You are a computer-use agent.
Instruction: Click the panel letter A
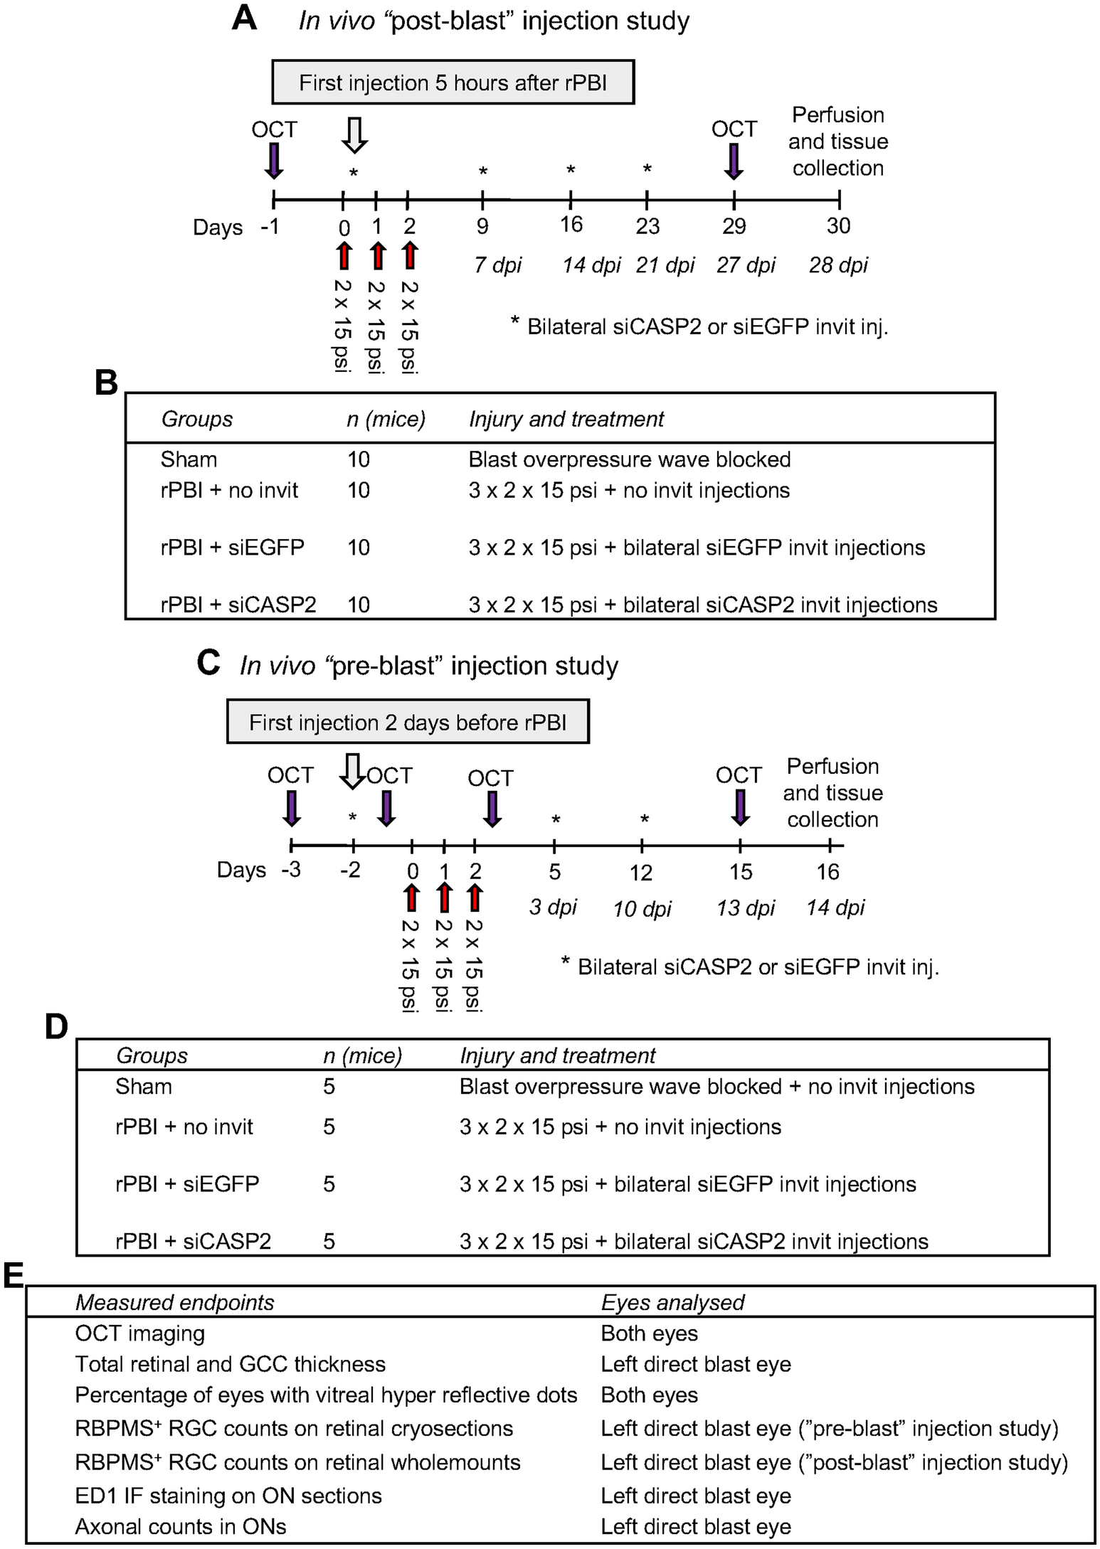click(x=244, y=18)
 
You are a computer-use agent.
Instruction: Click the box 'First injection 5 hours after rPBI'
click(x=453, y=82)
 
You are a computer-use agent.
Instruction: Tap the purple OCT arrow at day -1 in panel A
click(x=273, y=160)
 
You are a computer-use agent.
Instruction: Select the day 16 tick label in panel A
click(x=571, y=225)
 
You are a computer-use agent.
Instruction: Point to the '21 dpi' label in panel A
click(x=665, y=265)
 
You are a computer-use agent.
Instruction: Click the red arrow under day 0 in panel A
click(x=344, y=255)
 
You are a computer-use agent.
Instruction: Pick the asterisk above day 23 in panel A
click(x=647, y=169)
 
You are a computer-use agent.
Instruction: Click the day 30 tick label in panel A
click(x=838, y=226)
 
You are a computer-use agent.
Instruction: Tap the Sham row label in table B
click(x=189, y=459)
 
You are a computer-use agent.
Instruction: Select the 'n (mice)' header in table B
click(x=386, y=419)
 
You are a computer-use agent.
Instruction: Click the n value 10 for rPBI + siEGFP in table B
click(x=358, y=548)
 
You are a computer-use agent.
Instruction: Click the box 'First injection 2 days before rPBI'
click(x=408, y=723)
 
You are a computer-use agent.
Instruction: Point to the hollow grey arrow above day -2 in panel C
click(x=351, y=771)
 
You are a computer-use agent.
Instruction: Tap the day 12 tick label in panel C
click(x=641, y=873)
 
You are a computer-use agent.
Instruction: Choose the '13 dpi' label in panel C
click(x=745, y=908)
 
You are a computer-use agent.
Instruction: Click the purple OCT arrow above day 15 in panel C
click(x=740, y=807)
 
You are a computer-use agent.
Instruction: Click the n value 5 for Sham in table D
click(x=329, y=1087)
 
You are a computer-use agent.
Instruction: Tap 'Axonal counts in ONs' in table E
click(x=181, y=1526)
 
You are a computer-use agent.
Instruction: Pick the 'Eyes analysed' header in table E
click(x=672, y=1302)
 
